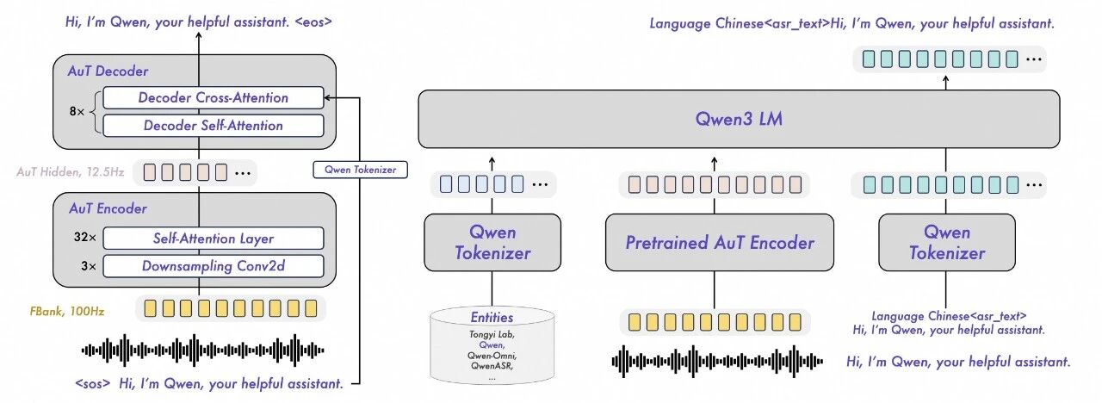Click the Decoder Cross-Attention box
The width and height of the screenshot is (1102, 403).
tap(213, 97)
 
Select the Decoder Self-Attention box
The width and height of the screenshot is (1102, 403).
tap(213, 125)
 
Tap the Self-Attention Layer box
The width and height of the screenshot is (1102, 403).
tap(213, 238)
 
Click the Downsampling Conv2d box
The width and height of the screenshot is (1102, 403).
tap(213, 265)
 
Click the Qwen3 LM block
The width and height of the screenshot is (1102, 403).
tap(739, 119)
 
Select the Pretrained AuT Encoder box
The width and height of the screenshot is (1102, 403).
tap(720, 243)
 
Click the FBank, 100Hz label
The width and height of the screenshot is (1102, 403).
tap(66, 310)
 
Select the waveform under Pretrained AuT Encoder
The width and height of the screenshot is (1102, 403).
tap(719, 360)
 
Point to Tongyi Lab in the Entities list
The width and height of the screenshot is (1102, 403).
tap(492, 334)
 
